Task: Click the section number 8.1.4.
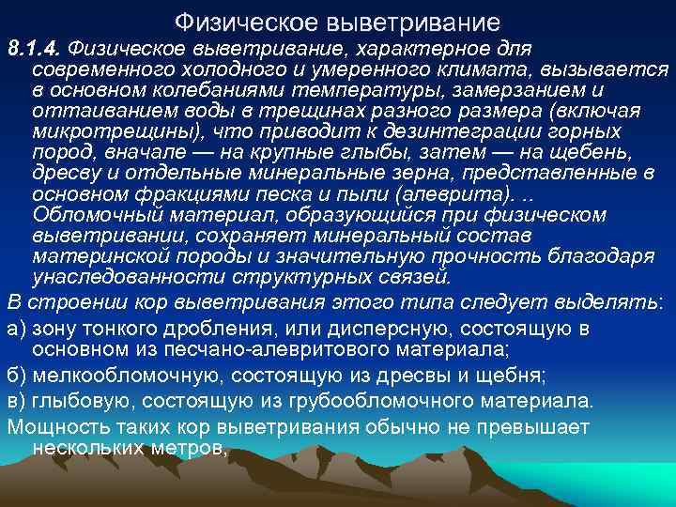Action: point(35,48)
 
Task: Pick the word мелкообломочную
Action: point(132,376)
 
